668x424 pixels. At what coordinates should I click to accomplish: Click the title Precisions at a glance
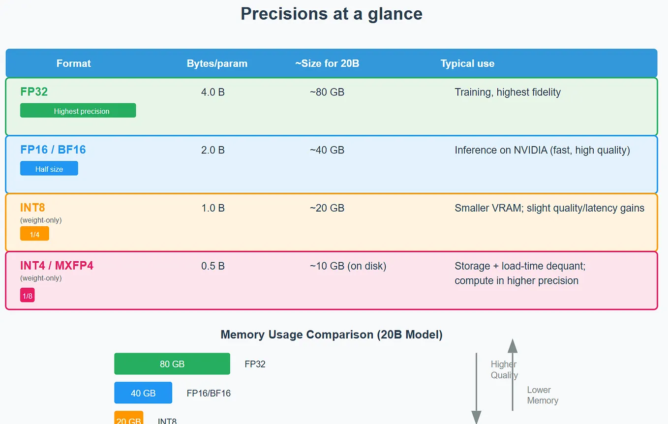point(331,14)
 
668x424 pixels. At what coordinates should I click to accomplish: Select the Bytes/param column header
point(217,63)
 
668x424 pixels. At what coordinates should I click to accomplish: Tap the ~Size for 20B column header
point(327,63)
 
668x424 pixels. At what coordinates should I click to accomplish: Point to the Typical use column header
point(467,63)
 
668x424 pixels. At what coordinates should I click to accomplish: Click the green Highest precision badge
point(78,111)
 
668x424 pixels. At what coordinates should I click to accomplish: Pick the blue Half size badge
point(49,169)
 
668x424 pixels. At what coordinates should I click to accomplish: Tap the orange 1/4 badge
point(34,234)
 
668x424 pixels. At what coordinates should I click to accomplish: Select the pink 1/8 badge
point(27,295)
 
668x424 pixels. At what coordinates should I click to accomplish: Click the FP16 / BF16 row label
point(53,150)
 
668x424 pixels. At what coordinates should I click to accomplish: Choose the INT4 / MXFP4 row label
point(57,266)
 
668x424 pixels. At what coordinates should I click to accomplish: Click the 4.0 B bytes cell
point(213,92)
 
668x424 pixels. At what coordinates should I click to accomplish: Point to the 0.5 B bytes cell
point(213,266)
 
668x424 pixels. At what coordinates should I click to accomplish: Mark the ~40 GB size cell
point(327,150)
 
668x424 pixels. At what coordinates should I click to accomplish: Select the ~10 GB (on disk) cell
point(348,266)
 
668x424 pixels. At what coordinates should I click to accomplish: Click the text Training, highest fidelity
point(508,92)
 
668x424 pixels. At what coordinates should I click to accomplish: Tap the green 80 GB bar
point(172,364)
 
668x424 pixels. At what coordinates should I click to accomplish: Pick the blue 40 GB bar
point(143,393)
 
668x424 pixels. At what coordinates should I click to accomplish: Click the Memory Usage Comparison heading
point(332,335)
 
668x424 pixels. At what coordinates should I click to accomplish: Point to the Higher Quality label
point(504,369)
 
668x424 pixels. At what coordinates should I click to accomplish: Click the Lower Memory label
point(542,395)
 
